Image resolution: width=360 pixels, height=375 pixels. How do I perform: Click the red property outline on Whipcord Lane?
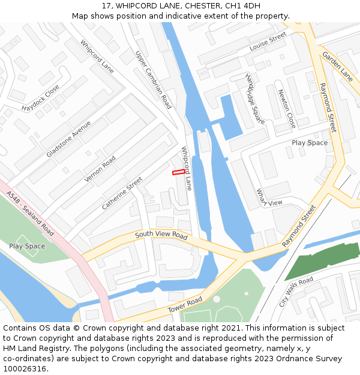point(179,172)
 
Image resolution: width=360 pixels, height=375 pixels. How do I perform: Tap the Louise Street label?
point(268,42)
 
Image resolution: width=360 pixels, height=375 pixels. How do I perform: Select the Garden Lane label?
point(337,66)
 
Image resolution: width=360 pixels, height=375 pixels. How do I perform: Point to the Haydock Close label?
point(41,98)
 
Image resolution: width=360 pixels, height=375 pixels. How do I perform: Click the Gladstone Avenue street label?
point(68,139)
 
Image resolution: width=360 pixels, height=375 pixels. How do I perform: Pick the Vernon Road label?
point(100,169)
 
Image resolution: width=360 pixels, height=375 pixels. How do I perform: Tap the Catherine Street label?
point(122,193)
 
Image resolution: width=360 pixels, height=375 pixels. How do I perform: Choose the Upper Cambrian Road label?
point(154,79)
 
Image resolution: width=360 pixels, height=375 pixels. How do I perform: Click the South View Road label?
point(161,235)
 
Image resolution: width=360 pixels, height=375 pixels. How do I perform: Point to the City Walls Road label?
point(296,292)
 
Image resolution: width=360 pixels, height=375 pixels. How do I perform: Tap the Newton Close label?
point(287,109)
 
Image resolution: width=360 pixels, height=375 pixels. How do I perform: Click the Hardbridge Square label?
point(255,99)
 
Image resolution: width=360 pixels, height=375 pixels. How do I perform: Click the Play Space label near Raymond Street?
point(310,143)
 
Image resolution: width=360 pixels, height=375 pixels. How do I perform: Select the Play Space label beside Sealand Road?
point(27,246)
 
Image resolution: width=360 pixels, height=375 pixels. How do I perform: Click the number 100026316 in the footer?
point(25,368)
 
